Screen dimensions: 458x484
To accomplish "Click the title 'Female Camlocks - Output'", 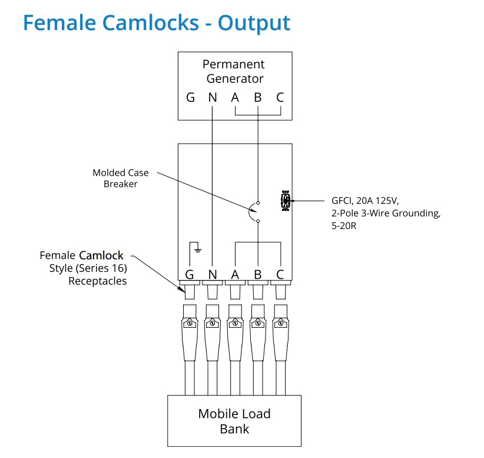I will coord(157,23).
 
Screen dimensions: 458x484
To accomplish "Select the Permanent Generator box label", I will coord(234,71).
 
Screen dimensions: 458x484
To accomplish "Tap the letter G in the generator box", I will coord(190,98).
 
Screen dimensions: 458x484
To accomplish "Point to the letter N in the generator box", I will coord(213,98).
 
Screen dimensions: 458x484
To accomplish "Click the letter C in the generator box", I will coord(280,98).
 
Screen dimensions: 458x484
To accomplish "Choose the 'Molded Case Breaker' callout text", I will coord(121,178).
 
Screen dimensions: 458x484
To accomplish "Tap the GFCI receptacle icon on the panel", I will coord(286,201).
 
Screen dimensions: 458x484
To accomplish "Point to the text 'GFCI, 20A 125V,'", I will coord(365,200).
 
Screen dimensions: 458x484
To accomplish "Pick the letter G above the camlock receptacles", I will coord(190,274).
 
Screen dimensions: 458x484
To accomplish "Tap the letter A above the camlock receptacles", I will coord(235,274).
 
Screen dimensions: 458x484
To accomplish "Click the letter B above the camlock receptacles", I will coord(257,274).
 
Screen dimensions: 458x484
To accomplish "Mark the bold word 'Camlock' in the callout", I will coord(101,256).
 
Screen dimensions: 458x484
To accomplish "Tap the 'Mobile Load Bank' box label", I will coord(234,421).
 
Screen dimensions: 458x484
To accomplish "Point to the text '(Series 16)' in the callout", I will coord(104,268).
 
